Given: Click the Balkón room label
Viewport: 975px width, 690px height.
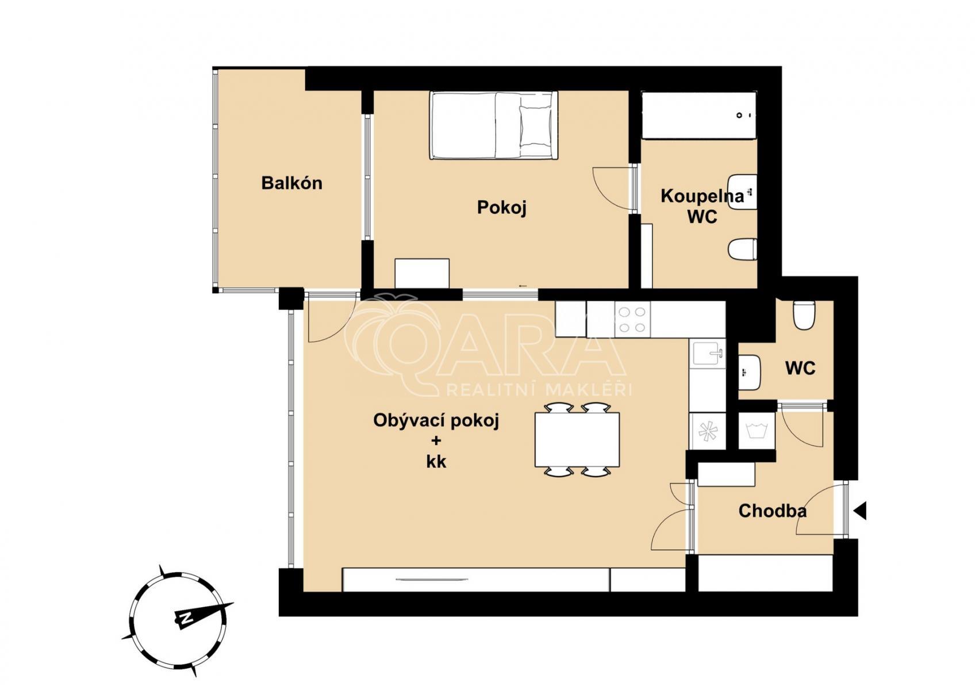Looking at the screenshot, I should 291,183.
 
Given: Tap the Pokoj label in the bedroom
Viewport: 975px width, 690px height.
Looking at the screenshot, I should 501,207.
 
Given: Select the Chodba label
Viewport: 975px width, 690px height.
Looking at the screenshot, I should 772,511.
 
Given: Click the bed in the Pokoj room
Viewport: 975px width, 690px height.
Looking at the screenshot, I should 493,125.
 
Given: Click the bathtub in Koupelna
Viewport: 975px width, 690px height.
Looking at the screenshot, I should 698,115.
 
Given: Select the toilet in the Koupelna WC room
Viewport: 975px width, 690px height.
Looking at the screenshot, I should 742,250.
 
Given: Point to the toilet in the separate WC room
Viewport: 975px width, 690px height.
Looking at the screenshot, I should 803,315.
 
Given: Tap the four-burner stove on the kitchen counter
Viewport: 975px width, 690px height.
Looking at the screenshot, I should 632,320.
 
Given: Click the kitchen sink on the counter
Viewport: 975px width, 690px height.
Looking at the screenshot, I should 707,353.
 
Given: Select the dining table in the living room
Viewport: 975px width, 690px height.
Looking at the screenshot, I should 577,440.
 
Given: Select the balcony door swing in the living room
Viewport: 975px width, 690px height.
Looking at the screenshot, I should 328,319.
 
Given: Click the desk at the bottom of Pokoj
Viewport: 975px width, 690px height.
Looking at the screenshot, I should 422,273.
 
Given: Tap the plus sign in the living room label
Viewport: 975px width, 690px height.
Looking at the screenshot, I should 436,441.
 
